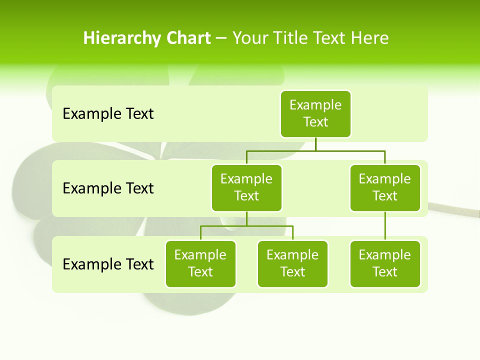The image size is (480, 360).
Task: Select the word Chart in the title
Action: (188, 38)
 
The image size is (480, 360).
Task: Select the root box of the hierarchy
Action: (315, 113)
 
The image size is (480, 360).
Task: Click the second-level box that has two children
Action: (246, 187)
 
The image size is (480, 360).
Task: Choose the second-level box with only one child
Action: (385, 187)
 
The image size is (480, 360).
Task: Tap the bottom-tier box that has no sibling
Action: (385, 263)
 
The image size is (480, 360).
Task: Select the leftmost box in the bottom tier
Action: (200, 263)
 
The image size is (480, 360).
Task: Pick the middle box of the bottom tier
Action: (292, 263)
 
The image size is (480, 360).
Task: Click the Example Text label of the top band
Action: (108, 114)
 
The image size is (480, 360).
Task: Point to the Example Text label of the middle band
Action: (108, 188)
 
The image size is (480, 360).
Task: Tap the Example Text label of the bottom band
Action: (108, 264)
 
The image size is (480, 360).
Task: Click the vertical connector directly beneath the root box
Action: (315, 144)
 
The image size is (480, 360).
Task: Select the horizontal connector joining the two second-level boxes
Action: (315, 150)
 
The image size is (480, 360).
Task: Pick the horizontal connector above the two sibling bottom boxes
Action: (246, 226)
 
